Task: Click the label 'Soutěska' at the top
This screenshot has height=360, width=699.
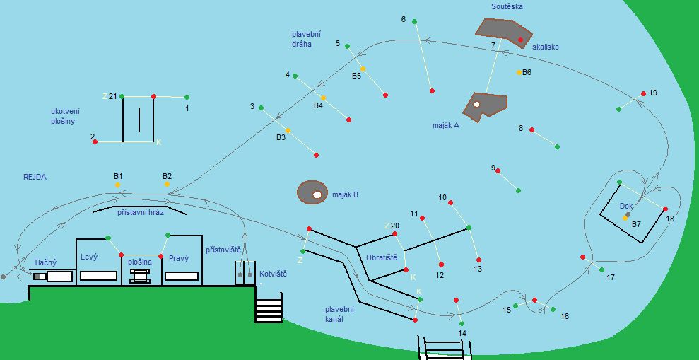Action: pyautogui.click(x=507, y=6)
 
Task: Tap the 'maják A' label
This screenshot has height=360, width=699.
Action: pyautogui.click(x=446, y=125)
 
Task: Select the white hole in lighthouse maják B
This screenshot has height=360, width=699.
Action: pyautogui.click(x=317, y=194)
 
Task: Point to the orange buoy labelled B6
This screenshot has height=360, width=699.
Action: pyautogui.click(x=519, y=72)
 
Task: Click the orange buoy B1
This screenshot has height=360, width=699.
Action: pyautogui.click(x=117, y=185)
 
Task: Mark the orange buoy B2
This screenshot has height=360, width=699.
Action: pyautogui.click(x=167, y=185)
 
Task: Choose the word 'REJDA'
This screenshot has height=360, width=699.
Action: pyautogui.click(x=35, y=178)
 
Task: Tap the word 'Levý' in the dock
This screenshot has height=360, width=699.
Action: pyautogui.click(x=89, y=257)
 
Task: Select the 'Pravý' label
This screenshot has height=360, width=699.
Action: pyautogui.click(x=178, y=258)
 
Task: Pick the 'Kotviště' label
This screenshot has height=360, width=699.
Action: pyautogui.click(x=272, y=273)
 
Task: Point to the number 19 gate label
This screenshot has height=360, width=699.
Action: pyautogui.click(x=652, y=93)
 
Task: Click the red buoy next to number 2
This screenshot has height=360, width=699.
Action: pyautogui.click(x=95, y=142)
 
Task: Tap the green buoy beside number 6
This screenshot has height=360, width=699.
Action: pyautogui.click(x=415, y=22)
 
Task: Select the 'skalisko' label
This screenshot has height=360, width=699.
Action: pyautogui.click(x=546, y=47)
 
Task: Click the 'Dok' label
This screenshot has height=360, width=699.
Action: pyautogui.click(x=626, y=206)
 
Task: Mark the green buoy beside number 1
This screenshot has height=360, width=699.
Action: pyautogui.click(x=187, y=97)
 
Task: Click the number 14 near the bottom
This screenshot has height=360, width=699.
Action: pyautogui.click(x=462, y=333)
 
